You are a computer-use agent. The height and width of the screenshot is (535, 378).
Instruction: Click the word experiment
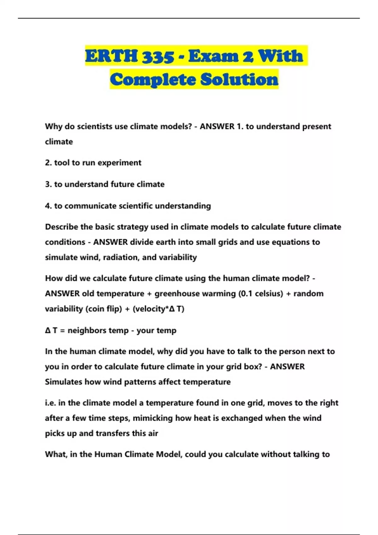click(121, 163)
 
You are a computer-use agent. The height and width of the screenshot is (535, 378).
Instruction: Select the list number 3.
click(48, 184)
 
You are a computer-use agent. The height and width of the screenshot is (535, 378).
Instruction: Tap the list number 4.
click(48, 206)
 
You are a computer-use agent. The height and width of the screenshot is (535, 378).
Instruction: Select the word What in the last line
click(55, 454)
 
